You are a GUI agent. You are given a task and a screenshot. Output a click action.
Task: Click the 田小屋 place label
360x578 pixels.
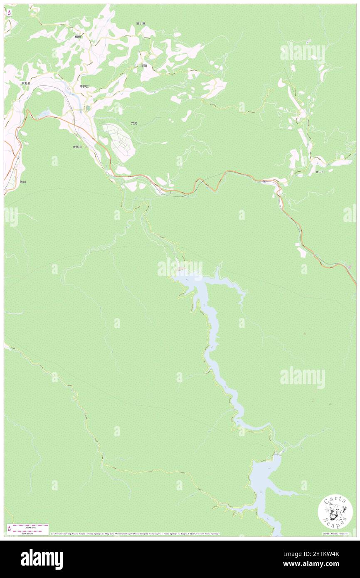click(x=141, y=24)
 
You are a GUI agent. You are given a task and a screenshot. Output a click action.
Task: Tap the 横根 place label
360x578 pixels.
click(x=78, y=37)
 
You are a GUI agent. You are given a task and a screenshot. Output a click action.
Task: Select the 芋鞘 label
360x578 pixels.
click(x=144, y=66)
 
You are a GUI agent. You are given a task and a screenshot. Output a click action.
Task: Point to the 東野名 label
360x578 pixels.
click(x=26, y=83)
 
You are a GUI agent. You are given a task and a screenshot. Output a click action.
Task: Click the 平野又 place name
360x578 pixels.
click(x=84, y=86)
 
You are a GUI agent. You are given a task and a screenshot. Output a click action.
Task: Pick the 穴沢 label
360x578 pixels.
click(x=134, y=124)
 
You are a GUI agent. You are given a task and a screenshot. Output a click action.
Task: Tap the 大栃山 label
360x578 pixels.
click(x=77, y=147)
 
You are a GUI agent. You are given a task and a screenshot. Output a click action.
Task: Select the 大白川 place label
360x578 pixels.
click(x=320, y=172)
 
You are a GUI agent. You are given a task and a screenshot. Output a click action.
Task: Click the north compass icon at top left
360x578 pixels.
click(x=9, y=12)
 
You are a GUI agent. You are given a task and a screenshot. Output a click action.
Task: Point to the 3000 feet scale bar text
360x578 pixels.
click(x=28, y=527)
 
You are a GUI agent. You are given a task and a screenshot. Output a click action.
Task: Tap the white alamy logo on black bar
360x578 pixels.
click(x=42, y=558)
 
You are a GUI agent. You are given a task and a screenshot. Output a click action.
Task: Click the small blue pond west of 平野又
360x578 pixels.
click(x=44, y=113)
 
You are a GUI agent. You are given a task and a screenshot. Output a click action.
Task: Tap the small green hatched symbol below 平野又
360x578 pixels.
click(x=88, y=108)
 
